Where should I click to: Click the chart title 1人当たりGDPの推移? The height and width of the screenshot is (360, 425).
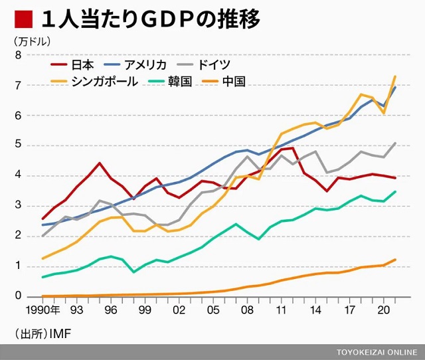click(x=150, y=19)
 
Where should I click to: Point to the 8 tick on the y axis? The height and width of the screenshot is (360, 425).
click(x=19, y=55)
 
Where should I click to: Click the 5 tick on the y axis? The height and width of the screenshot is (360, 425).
click(x=19, y=145)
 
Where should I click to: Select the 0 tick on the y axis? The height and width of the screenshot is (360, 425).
click(x=19, y=296)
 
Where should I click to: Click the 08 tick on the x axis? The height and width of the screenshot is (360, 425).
click(x=247, y=310)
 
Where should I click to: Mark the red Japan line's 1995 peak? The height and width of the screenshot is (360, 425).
click(x=99, y=163)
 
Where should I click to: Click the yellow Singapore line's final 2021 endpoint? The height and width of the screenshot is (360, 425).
click(x=396, y=76)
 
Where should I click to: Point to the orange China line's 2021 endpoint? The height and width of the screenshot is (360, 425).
click(x=396, y=260)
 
